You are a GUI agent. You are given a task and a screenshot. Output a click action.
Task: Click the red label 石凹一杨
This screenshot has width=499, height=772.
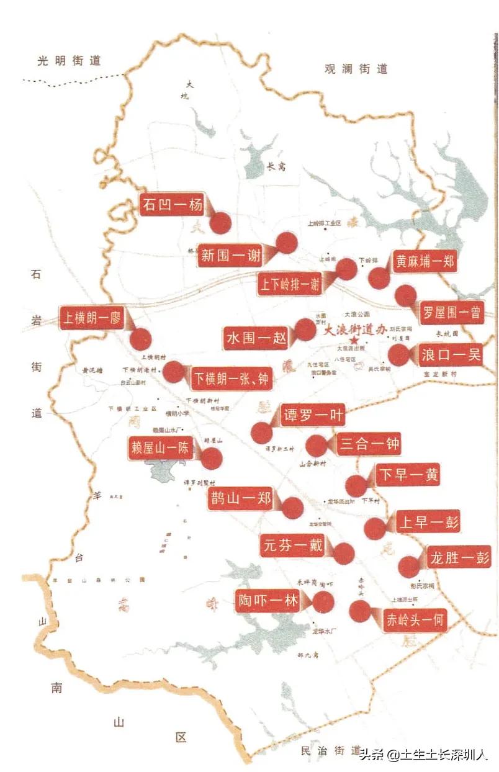171,205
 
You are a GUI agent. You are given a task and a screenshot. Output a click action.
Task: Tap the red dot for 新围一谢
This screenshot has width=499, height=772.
286,243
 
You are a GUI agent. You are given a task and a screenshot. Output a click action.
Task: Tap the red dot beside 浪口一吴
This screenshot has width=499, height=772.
398,355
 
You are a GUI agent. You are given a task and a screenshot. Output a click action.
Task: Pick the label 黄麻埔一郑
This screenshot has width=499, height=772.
424,261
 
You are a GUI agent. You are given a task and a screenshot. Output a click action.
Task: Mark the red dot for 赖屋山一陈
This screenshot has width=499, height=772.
212,458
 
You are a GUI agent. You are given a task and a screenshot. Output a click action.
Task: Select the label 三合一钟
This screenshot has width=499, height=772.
369,444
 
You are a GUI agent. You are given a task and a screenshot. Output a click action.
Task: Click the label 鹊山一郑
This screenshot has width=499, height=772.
240,499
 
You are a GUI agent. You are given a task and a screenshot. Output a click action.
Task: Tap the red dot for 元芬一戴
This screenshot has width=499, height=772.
343,553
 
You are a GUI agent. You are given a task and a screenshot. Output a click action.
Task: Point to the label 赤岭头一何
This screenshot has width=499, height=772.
415,619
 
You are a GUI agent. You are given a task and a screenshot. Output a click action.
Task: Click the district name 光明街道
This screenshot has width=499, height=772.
69,60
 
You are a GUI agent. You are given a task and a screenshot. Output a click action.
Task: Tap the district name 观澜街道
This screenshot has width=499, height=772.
356,69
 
